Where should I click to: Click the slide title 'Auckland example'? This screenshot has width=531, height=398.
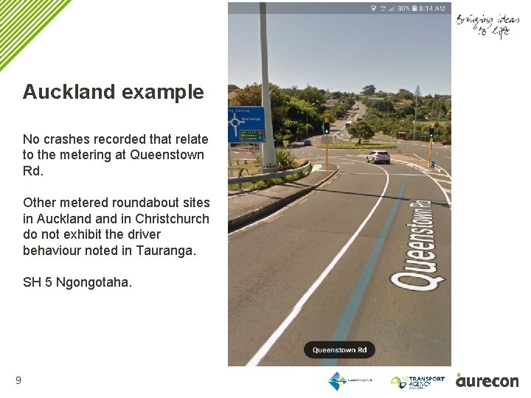[x=113, y=92]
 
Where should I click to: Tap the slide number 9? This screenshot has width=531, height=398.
[x=18, y=381]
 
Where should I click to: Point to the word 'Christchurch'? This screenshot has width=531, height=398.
[x=174, y=219]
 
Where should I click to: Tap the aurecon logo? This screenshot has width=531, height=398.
[x=487, y=380]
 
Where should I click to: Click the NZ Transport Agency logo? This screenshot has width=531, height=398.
[x=418, y=381]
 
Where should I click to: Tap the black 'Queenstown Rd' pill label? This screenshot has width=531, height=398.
[x=339, y=350]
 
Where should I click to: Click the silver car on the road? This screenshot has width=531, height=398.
[x=378, y=156]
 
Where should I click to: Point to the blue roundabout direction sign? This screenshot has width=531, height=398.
[x=245, y=125]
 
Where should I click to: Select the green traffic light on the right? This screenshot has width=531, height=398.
[x=431, y=132]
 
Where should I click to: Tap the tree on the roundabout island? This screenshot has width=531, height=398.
[x=361, y=130]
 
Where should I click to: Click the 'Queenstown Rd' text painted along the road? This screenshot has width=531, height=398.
[x=418, y=236]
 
